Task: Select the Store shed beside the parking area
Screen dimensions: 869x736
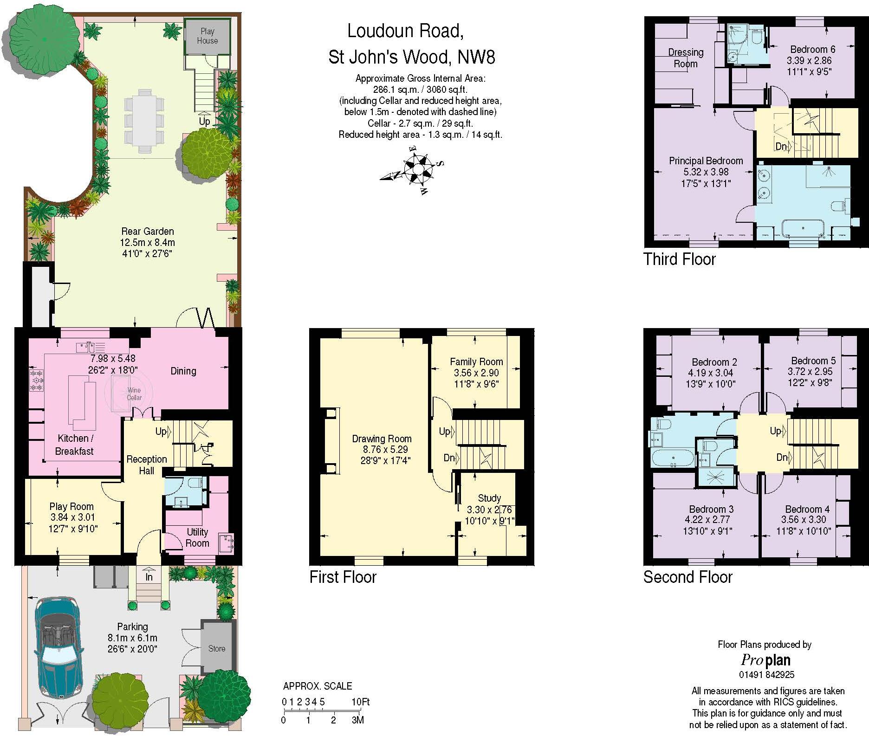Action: click(217, 646)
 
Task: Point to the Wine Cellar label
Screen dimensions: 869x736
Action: click(134, 394)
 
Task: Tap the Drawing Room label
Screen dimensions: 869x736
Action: click(382, 439)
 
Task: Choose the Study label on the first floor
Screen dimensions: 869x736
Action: click(489, 498)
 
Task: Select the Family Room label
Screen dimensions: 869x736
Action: click(476, 362)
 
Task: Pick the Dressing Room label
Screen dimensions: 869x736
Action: click(686, 58)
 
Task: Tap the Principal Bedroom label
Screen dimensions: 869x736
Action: click(706, 161)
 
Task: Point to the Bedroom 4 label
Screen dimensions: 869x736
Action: click(807, 509)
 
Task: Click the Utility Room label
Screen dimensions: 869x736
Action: click(197, 537)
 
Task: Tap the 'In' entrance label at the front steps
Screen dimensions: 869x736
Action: click(149, 577)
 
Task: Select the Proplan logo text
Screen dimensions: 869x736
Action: click(765, 660)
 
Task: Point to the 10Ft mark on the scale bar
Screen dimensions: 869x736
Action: click(360, 702)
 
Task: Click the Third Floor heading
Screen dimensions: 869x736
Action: click(680, 259)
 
